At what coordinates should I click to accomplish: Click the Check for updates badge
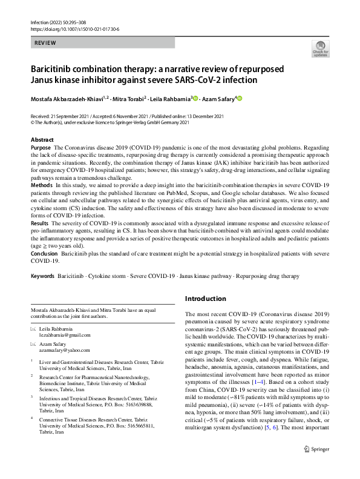click(x=320, y=49)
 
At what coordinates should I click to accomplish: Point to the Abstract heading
click(x=42, y=140)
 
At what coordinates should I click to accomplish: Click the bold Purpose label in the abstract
click(x=41, y=148)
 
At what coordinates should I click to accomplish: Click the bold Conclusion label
click(x=45, y=254)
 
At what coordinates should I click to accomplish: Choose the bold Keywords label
click(x=43, y=276)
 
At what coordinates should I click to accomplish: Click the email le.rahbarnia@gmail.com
click(x=64, y=335)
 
